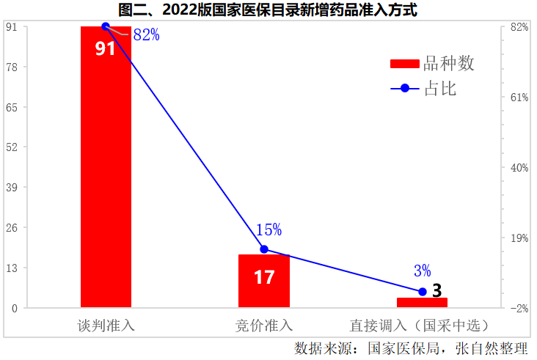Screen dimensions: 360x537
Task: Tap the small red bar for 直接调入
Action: point(422,303)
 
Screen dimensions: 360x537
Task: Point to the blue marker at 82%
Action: point(106,26)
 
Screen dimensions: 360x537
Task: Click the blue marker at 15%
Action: point(264,249)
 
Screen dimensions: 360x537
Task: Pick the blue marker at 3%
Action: point(422,292)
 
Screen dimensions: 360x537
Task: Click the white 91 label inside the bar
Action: point(106,48)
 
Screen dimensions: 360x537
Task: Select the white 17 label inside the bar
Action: point(264,277)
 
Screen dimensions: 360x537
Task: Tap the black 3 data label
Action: point(437,290)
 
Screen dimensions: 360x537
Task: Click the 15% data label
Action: point(268,229)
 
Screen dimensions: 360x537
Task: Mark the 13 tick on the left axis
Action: point(12,268)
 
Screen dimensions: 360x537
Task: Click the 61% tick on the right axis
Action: point(519,98)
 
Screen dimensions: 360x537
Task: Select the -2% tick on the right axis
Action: point(519,308)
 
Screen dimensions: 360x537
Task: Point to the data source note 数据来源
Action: point(411,348)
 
